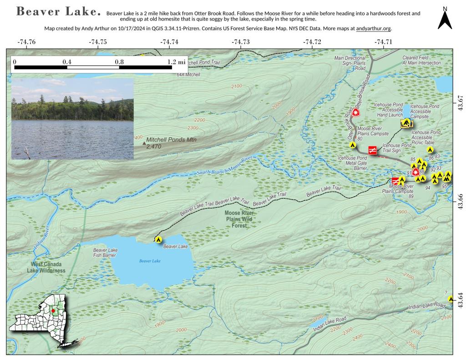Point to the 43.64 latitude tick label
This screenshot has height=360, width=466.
pos(460,300)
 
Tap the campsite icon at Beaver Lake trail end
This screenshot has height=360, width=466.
pos(158,239)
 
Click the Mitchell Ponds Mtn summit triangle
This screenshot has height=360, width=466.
pos(144,143)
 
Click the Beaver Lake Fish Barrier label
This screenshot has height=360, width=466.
pos(106,253)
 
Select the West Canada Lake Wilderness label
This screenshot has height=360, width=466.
pos(48,267)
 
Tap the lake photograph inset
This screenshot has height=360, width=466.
pos(72,118)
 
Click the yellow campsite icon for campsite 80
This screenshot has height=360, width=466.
pos(352,145)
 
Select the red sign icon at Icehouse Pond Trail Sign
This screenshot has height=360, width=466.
pos(372,150)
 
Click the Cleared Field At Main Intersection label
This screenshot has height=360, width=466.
pos(421,61)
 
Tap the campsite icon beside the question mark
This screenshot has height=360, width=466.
pos(451,299)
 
